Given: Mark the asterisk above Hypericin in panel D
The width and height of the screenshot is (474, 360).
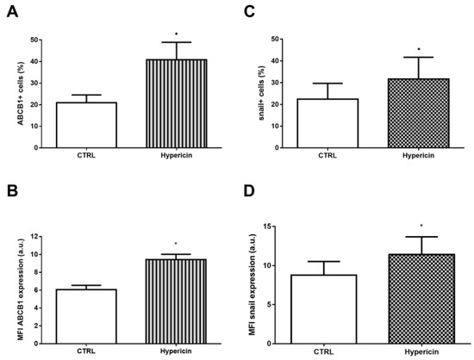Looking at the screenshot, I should coord(421,227).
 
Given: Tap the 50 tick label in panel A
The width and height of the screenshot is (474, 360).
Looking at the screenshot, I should coord(34,40).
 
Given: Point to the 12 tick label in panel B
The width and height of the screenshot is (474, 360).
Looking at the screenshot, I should coord(34,236).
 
